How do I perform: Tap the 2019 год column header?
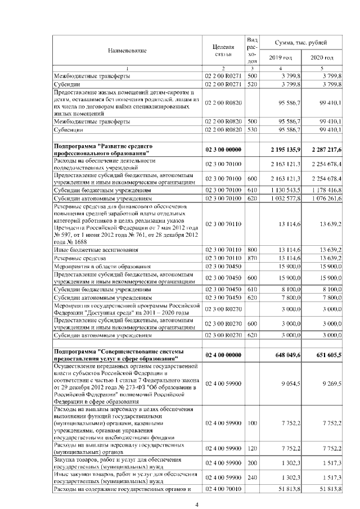pos(280,58)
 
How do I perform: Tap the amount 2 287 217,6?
pos(325,149)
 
